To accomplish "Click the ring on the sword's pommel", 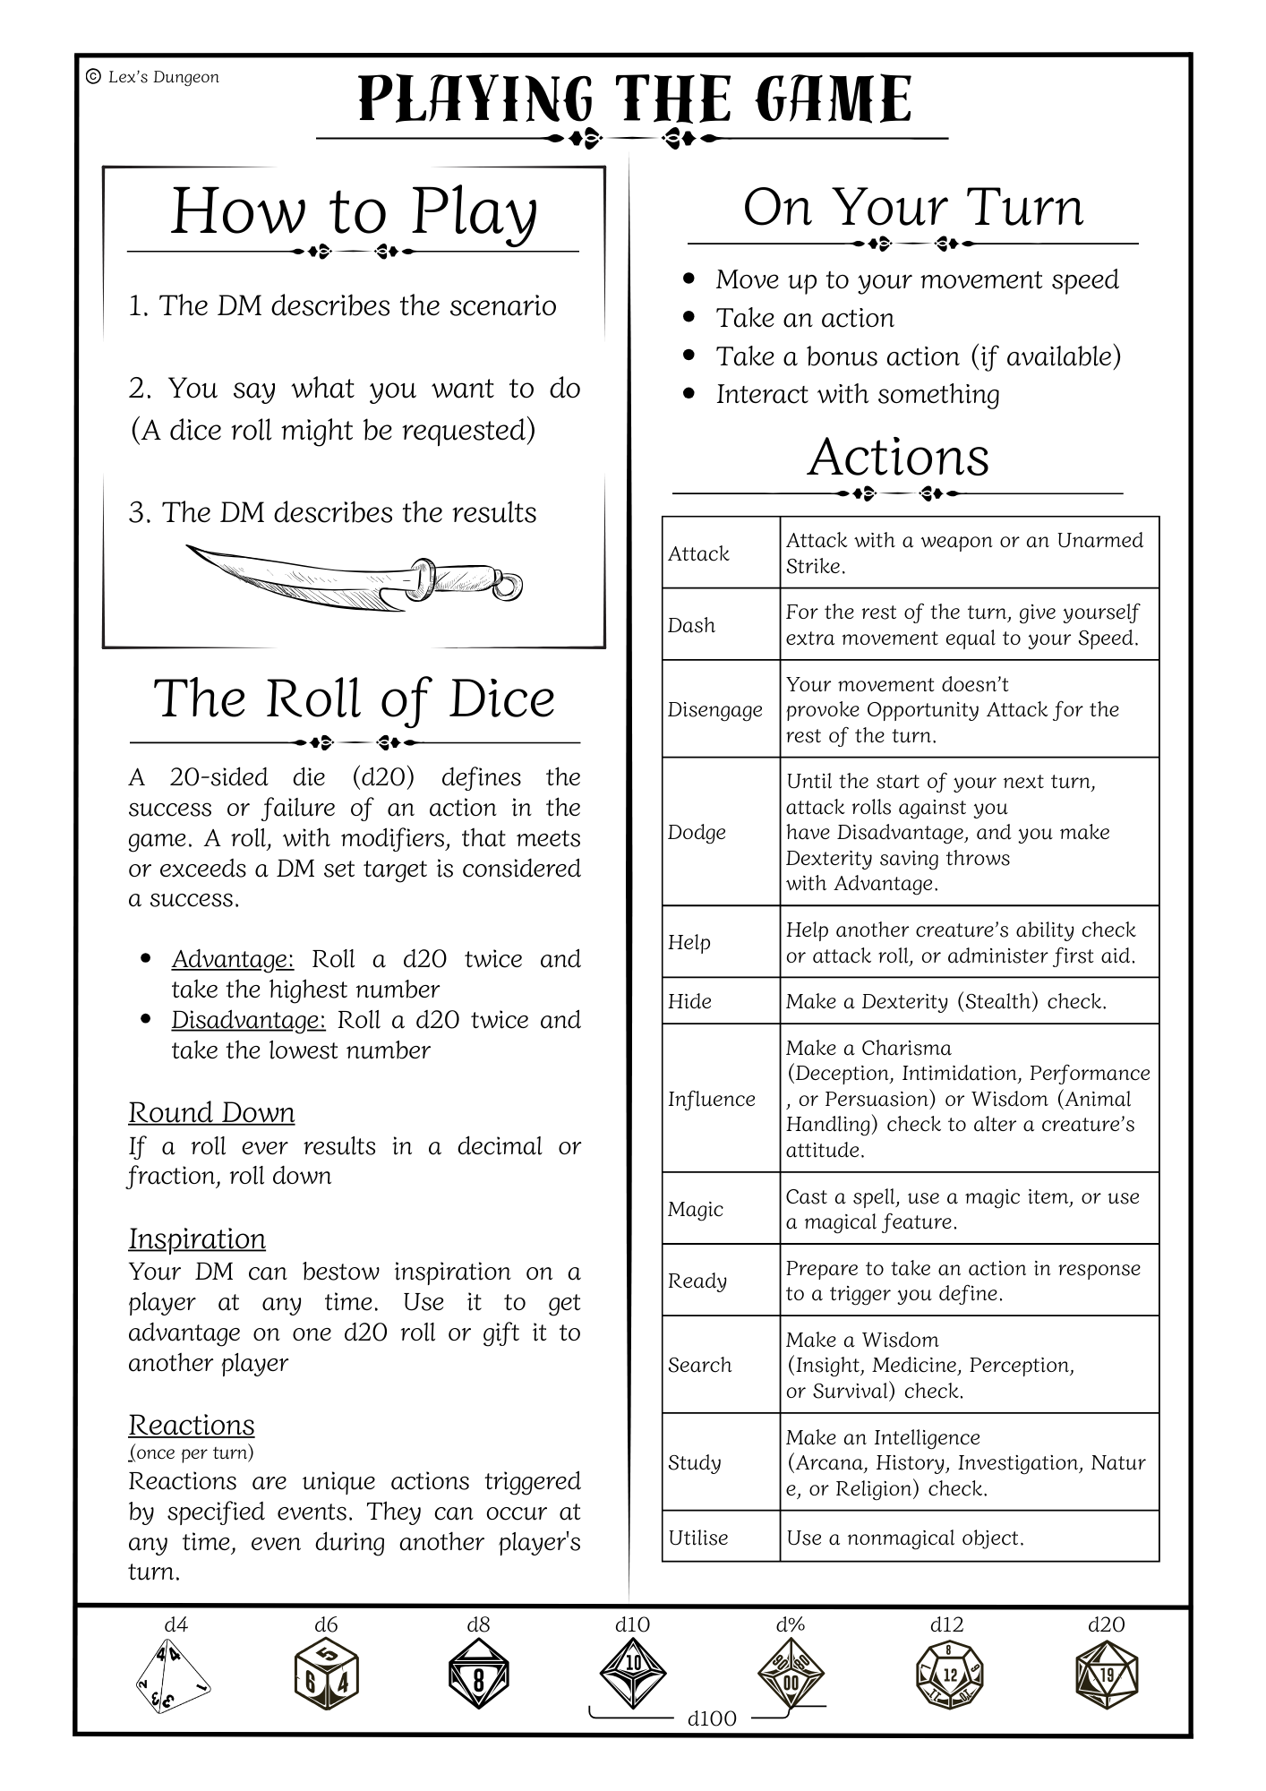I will (x=509, y=587).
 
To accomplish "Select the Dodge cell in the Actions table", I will (x=697, y=832).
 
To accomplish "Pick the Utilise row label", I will (x=698, y=1538).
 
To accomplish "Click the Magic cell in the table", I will (x=695, y=1209).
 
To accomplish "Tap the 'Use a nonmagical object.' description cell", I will (x=904, y=1538).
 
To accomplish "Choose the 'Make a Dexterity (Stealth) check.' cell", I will (x=946, y=1001).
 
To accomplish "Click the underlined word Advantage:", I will (x=233, y=959).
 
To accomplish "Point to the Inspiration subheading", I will (x=197, y=1238).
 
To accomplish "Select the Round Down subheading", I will (x=211, y=1112).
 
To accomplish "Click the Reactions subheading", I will (x=192, y=1425).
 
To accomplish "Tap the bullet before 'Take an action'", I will (x=689, y=317).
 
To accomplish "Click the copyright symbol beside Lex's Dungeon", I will (x=93, y=77).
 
